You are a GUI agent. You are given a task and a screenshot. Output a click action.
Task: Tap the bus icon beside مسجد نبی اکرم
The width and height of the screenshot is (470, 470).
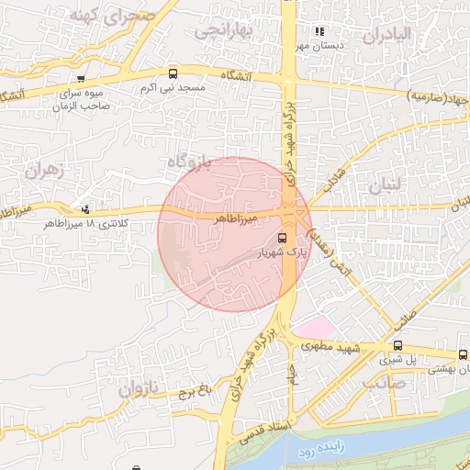pos(173,73)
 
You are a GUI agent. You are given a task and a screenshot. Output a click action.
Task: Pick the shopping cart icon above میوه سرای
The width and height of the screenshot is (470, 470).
pos(82,78)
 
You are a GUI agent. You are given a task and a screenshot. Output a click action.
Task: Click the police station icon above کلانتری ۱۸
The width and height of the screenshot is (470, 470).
pos(86,209)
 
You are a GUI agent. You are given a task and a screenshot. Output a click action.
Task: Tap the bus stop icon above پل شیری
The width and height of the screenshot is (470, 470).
pos(397,345)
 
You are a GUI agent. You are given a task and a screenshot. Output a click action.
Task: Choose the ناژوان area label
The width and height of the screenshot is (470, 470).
pos(138,389)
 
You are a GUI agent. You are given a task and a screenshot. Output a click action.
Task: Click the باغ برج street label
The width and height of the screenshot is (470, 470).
pos(196,392)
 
